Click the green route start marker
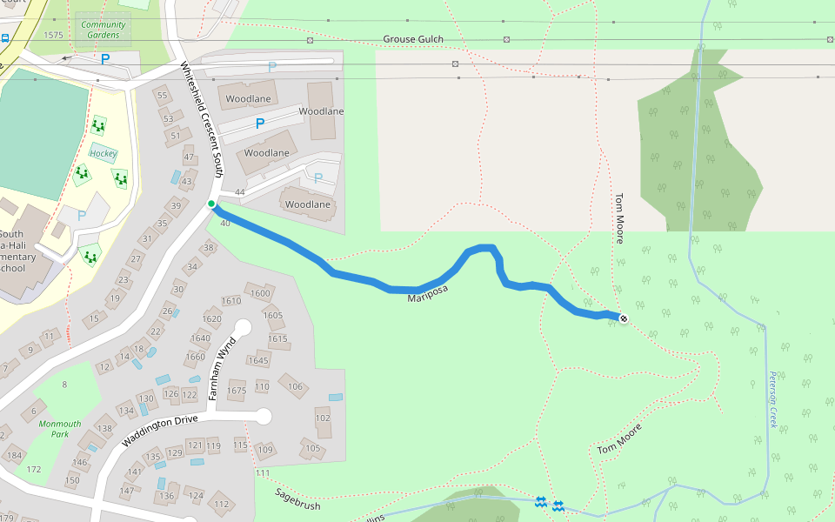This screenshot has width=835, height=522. (211, 204)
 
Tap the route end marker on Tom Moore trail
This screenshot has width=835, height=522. (623, 318)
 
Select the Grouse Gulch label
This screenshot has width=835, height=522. (413, 39)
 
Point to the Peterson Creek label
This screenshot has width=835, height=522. (772, 399)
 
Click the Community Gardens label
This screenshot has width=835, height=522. (104, 30)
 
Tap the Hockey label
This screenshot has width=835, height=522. (103, 154)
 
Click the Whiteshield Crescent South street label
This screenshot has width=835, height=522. (202, 119)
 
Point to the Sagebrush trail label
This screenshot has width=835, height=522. (298, 499)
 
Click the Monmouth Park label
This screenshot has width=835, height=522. (59, 429)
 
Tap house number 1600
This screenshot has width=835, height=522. (260, 293)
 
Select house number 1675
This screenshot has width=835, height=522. (237, 391)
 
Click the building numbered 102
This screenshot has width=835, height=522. (323, 418)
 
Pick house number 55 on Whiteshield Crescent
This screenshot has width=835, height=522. (161, 96)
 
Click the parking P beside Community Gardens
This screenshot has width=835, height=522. (106, 59)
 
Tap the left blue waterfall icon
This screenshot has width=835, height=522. (540, 502)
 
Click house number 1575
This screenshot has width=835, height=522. (53, 35)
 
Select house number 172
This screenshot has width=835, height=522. (34, 470)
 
